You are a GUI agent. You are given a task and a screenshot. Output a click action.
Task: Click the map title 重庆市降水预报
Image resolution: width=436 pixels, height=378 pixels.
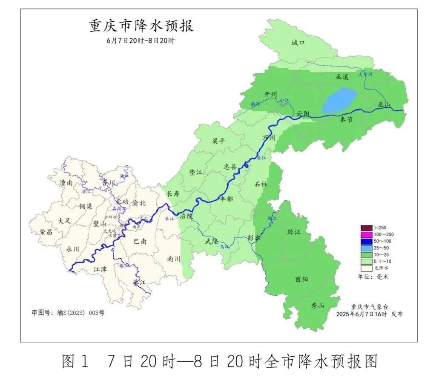[x=141, y=26]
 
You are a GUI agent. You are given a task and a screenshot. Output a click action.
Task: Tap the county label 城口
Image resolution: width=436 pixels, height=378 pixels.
[x=298, y=43]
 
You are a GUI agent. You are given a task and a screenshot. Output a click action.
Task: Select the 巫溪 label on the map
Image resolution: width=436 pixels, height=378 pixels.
[x=342, y=77]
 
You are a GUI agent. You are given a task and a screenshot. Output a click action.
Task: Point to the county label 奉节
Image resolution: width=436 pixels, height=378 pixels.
[x=347, y=120]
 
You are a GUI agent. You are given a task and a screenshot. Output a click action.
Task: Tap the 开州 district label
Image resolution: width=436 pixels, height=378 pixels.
[x=271, y=94]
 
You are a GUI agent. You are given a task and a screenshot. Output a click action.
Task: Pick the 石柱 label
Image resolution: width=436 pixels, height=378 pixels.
[x=261, y=184]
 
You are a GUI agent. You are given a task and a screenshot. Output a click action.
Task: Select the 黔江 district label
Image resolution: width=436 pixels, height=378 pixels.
[x=294, y=232]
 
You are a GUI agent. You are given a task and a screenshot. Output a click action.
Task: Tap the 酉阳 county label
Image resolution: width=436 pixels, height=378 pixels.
[x=301, y=280]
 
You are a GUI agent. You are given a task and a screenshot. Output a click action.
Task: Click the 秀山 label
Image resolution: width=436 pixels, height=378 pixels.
[x=318, y=306]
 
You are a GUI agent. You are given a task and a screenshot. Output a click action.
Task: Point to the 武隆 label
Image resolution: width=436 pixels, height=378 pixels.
[x=212, y=241]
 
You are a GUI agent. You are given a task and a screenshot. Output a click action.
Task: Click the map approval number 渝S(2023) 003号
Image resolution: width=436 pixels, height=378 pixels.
[x=80, y=313]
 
